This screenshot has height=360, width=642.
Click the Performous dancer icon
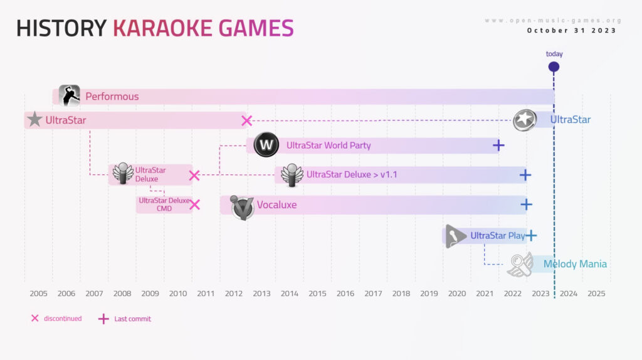(x=69, y=95)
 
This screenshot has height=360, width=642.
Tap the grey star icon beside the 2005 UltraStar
(x=35, y=119)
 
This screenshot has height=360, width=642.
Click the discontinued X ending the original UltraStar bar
(x=246, y=121)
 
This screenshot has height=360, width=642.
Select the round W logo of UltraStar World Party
(x=266, y=145)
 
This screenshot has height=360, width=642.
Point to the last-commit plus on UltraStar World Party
(x=498, y=146)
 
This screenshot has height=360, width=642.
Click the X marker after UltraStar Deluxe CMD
(x=195, y=205)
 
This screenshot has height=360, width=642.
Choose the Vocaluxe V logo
(x=242, y=207)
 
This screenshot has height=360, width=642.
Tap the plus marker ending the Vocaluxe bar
(x=526, y=204)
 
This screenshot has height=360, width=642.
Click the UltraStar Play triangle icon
(x=455, y=236)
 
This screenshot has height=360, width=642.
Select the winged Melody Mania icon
(x=520, y=265)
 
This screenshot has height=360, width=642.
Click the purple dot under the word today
(x=554, y=66)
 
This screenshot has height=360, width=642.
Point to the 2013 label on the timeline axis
(x=261, y=294)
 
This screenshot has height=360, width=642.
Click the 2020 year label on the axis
(x=457, y=294)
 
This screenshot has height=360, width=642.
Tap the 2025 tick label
(x=596, y=294)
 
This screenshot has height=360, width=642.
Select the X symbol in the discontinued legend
(x=35, y=318)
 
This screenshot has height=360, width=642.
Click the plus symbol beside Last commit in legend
(x=103, y=319)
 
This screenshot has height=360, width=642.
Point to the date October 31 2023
(x=572, y=31)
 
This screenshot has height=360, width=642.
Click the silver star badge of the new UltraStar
(x=525, y=120)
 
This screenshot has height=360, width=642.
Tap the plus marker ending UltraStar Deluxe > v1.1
(x=525, y=175)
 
